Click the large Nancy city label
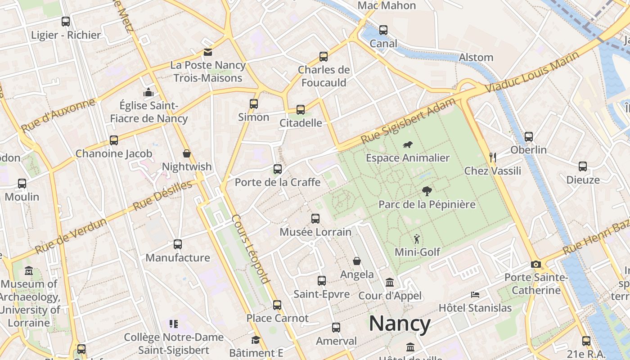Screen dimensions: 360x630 (400, 324)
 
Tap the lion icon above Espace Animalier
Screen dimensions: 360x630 (408, 145)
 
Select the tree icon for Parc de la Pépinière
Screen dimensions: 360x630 (427, 191)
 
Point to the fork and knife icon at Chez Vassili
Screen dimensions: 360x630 (493, 157)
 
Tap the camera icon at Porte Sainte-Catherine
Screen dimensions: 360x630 (535, 264)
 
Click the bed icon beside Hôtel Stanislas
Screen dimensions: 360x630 (475, 295)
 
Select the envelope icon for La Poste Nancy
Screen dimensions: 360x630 (208, 52)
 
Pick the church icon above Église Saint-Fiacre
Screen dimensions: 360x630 (148, 93)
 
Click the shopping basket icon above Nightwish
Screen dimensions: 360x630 (187, 154)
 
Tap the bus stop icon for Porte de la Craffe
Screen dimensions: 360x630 (278, 169)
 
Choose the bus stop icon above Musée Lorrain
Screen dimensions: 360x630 (315, 219)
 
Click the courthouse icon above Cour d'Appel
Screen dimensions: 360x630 (390, 283)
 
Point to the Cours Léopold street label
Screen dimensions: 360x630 (251, 249)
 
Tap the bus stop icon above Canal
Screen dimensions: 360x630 (383, 30)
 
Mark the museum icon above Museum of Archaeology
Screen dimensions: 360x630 (29, 271)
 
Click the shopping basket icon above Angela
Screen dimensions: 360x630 (357, 261)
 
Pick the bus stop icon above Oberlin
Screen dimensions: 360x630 (529, 136)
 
